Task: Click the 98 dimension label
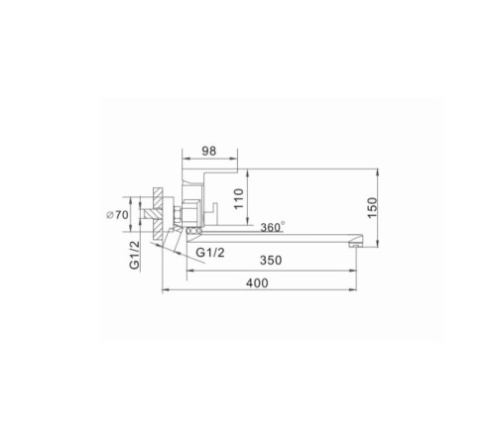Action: pos(209,151)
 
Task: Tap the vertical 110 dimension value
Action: pos(238,198)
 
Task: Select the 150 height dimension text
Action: pos(372,207)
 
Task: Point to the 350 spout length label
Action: pos(271,261)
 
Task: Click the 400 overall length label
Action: pos(257,283)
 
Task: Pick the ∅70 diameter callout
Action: pos(117,215)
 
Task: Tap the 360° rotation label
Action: pos(272,227)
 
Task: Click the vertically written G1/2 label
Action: pos(135,255)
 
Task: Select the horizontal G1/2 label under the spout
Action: pos(210,253)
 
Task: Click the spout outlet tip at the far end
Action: pos(356,246)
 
